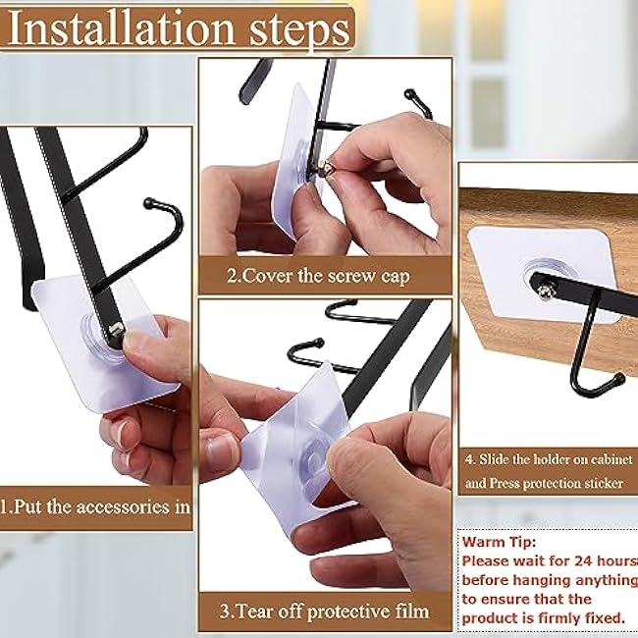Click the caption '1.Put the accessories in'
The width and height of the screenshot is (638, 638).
[x=95, y=506]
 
